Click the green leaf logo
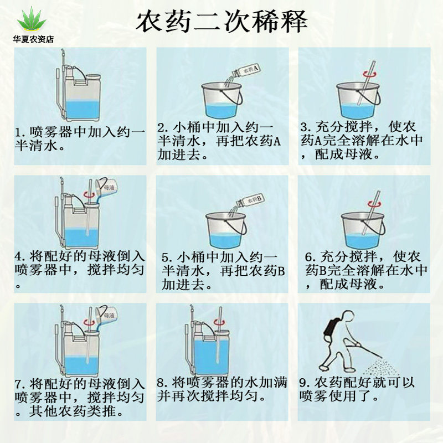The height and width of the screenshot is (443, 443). [x=32, y=19]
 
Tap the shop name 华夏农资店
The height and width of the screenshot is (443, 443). [x=33, y=39]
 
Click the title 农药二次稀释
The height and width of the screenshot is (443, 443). [x=222, y=22]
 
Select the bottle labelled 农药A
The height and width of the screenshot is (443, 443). [x=246, y=71]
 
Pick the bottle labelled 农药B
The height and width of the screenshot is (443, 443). [x=250, y=201]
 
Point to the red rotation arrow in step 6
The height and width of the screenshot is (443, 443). [x=375, y=204]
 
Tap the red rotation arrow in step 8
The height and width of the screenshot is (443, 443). [x=219, y=322]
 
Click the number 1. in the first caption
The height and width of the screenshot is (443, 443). [x=20, y=132]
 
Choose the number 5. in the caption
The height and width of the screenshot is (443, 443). [x=167, y=257]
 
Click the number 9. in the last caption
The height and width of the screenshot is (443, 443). [x=305, y=383]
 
